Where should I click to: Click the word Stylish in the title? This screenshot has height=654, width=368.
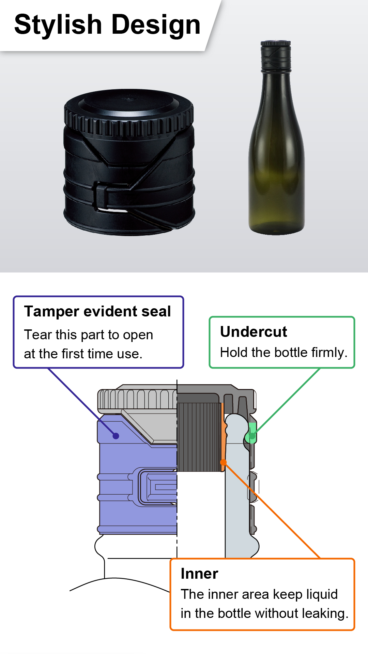click(x=58, y=25)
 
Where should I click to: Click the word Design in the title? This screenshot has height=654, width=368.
click(x=156, y=25)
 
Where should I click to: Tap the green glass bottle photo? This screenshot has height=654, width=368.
click(x=276, y=138)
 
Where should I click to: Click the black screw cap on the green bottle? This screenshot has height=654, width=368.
click(x=276, y=56)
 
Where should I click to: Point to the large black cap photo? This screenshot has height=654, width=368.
click(x=129, y=162)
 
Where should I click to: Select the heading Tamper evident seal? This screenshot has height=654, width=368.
click(x=97, y=311)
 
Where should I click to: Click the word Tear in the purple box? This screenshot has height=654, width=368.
click(x=37, y=334)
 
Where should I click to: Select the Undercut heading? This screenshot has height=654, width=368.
click(x=254, y=331)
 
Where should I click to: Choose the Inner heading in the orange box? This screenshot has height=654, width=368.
click(x=199, y=574)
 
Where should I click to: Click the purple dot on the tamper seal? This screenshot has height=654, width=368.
click(x=116, y=436)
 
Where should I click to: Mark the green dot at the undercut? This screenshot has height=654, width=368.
click(x=252, y=436)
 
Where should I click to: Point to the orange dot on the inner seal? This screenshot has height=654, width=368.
click(x=224, y=462)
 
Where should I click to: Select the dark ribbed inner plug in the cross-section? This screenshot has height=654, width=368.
click(x=199, y=437)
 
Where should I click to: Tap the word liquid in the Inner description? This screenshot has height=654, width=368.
click(x=321, y=595)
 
